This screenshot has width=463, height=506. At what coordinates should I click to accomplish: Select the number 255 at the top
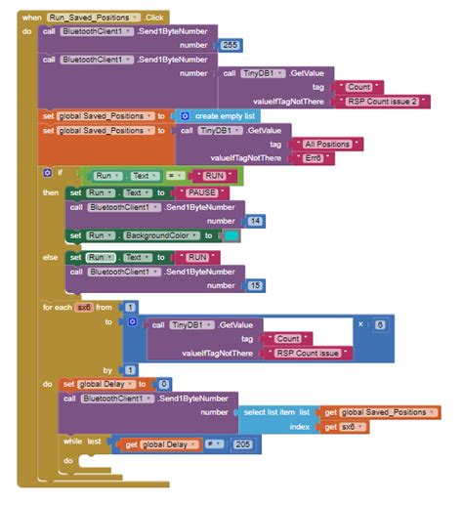pyautogui.click(x=231, y=45)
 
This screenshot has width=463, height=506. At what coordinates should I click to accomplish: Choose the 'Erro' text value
pyautogui.click(x=314, y=157)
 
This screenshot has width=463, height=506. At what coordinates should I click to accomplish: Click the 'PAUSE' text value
pyautogui.click(x=201, y=192)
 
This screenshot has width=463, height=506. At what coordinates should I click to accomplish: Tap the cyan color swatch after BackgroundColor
pyautogui.click(x=230, y=235)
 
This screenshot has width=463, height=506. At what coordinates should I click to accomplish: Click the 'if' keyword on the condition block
pyautogui.click(x=60, y=173)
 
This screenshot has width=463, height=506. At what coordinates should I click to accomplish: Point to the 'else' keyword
pyautogui.click(x=50, y=257)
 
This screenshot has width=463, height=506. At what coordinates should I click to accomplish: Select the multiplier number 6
pyautogui.click(x=379, y=323)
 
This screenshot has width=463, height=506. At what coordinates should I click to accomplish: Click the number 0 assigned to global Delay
pyautogui.click(x=164, y=384)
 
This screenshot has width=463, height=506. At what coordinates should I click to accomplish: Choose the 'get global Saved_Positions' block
pyautogui.click(x=382, y=412)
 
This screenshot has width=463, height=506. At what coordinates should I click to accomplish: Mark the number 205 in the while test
pyautogui.click(x=242, y=444)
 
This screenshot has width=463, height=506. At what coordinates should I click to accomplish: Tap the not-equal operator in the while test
pyautogui.click(x=215, y=444)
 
